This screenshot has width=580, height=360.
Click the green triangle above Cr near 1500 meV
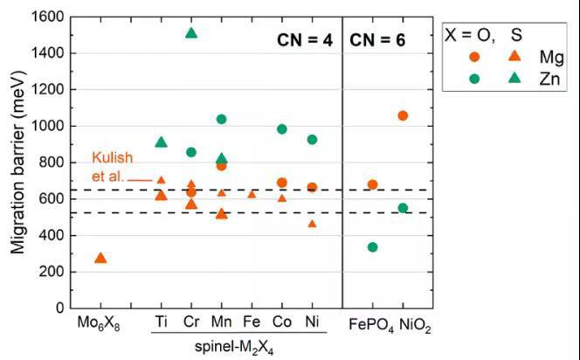coord(191,34)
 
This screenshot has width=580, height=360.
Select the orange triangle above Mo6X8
coord(100,259)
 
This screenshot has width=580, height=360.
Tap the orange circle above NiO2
coord(403,115)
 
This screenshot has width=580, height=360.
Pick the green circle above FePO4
coord(372,247)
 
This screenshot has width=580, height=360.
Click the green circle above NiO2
coord(403,208)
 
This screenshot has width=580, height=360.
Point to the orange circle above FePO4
coord(372,184)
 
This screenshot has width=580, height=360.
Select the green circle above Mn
coord(221,119)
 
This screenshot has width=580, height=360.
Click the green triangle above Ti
coord(161,142)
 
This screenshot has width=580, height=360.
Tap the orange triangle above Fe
coord(252,194)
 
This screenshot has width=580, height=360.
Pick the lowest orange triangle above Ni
coord(312,224)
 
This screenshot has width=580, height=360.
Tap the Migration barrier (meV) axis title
coord(17,163)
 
